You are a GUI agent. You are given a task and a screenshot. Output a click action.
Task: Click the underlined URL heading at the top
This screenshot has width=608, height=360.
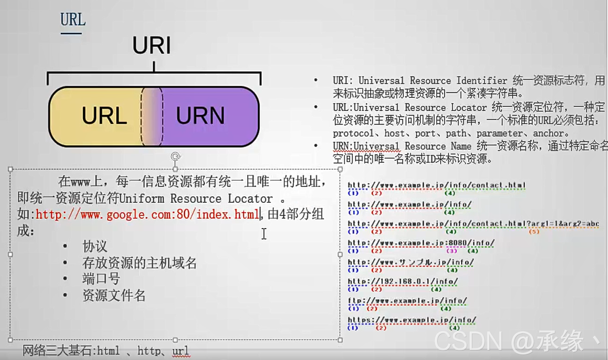pyautogui.click(x=73, y=20)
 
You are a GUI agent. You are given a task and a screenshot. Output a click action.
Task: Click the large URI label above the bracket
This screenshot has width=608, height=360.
pyautogui.click(x=152, y=46)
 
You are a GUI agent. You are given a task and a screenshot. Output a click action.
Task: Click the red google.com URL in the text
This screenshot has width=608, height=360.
pyautogui.click(x=147, y=215)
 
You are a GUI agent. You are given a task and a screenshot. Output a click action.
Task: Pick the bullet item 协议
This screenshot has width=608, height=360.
pyautogui.click(x=95, y=247)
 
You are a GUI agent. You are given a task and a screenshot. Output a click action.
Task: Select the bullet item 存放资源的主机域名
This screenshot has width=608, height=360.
pyautogui.click(x=139, y=263)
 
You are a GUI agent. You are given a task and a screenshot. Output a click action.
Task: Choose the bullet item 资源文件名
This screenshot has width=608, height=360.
pyautogui.click(x=114, y=295)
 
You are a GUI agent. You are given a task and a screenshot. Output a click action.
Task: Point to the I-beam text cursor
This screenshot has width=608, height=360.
pyautogui.click(x=264, y=233)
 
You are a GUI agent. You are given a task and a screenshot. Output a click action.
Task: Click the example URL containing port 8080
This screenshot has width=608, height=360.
pyautogui.click(x=421, y=243)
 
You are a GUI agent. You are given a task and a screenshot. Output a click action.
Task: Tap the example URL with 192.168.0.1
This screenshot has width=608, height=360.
pyautogui.click(x=402, y=282)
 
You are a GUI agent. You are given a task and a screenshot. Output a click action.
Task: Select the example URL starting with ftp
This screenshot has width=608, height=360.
pyautogui.click(x=408, y=301)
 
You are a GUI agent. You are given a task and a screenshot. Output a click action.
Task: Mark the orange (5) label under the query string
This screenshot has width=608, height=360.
pyautogui.click(x=534, y=231)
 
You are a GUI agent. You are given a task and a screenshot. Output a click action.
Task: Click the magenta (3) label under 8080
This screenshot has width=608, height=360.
pyautogui.click(x=451, y=251)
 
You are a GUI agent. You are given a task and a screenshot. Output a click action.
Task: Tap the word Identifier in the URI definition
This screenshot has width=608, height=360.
pyautogui.click(x=482, y=81)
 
